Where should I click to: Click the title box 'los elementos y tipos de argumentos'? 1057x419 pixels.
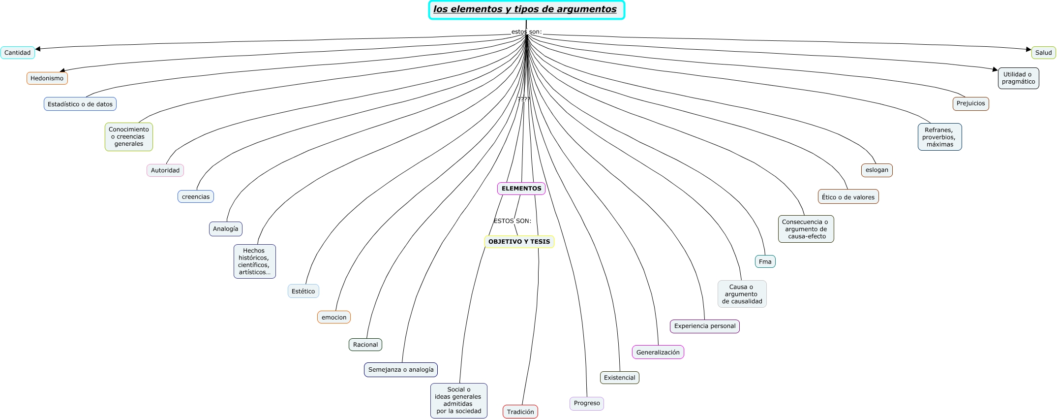pyautogui.click(x=526, y=10)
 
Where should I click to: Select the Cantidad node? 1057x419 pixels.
pyautogui.click(x=18, y=53)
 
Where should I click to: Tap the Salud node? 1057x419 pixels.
pyautogui.click(x=1043, y=53)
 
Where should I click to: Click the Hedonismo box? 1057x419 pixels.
pyautogui.click(x=47, y=78)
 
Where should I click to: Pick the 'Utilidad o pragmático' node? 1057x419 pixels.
pyautogui.click(x=1018, y=78)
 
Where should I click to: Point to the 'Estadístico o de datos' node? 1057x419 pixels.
pyautogui.click(x=80, y=104)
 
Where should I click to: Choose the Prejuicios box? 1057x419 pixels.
pyautogui.click(x=970, y=104)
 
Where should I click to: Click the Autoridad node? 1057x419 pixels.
pyautogui.click(x=165, y=170)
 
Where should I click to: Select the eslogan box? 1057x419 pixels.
pyautogui.click(x=877, y=170)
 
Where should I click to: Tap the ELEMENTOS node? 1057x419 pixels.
pyautogui.click(x=521, y=189)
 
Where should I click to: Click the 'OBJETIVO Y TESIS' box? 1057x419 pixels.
pyautogui.click(x=519, y=242)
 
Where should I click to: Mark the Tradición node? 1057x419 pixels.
pyautogui.click(x=520, y=412)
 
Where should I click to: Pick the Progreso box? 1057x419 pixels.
pyautogui.click(x=587, y=404)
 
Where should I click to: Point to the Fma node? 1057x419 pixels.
pyautogui.click(x=765, y=261)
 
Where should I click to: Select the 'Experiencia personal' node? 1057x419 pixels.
pyautogui.click(x=705, y=326)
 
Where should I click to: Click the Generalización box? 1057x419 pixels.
pyautogui.click(x=658, y=352)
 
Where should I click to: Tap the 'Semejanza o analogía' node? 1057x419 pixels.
pyautogui.click(x=401, y=370)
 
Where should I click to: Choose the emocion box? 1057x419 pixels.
pyautogui.click(x=334, y=317)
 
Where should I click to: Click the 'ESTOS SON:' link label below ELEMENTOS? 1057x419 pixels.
pyautogui.click(x=513, y=221)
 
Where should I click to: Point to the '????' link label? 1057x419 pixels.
pyautogui.click(x=524, y=99)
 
